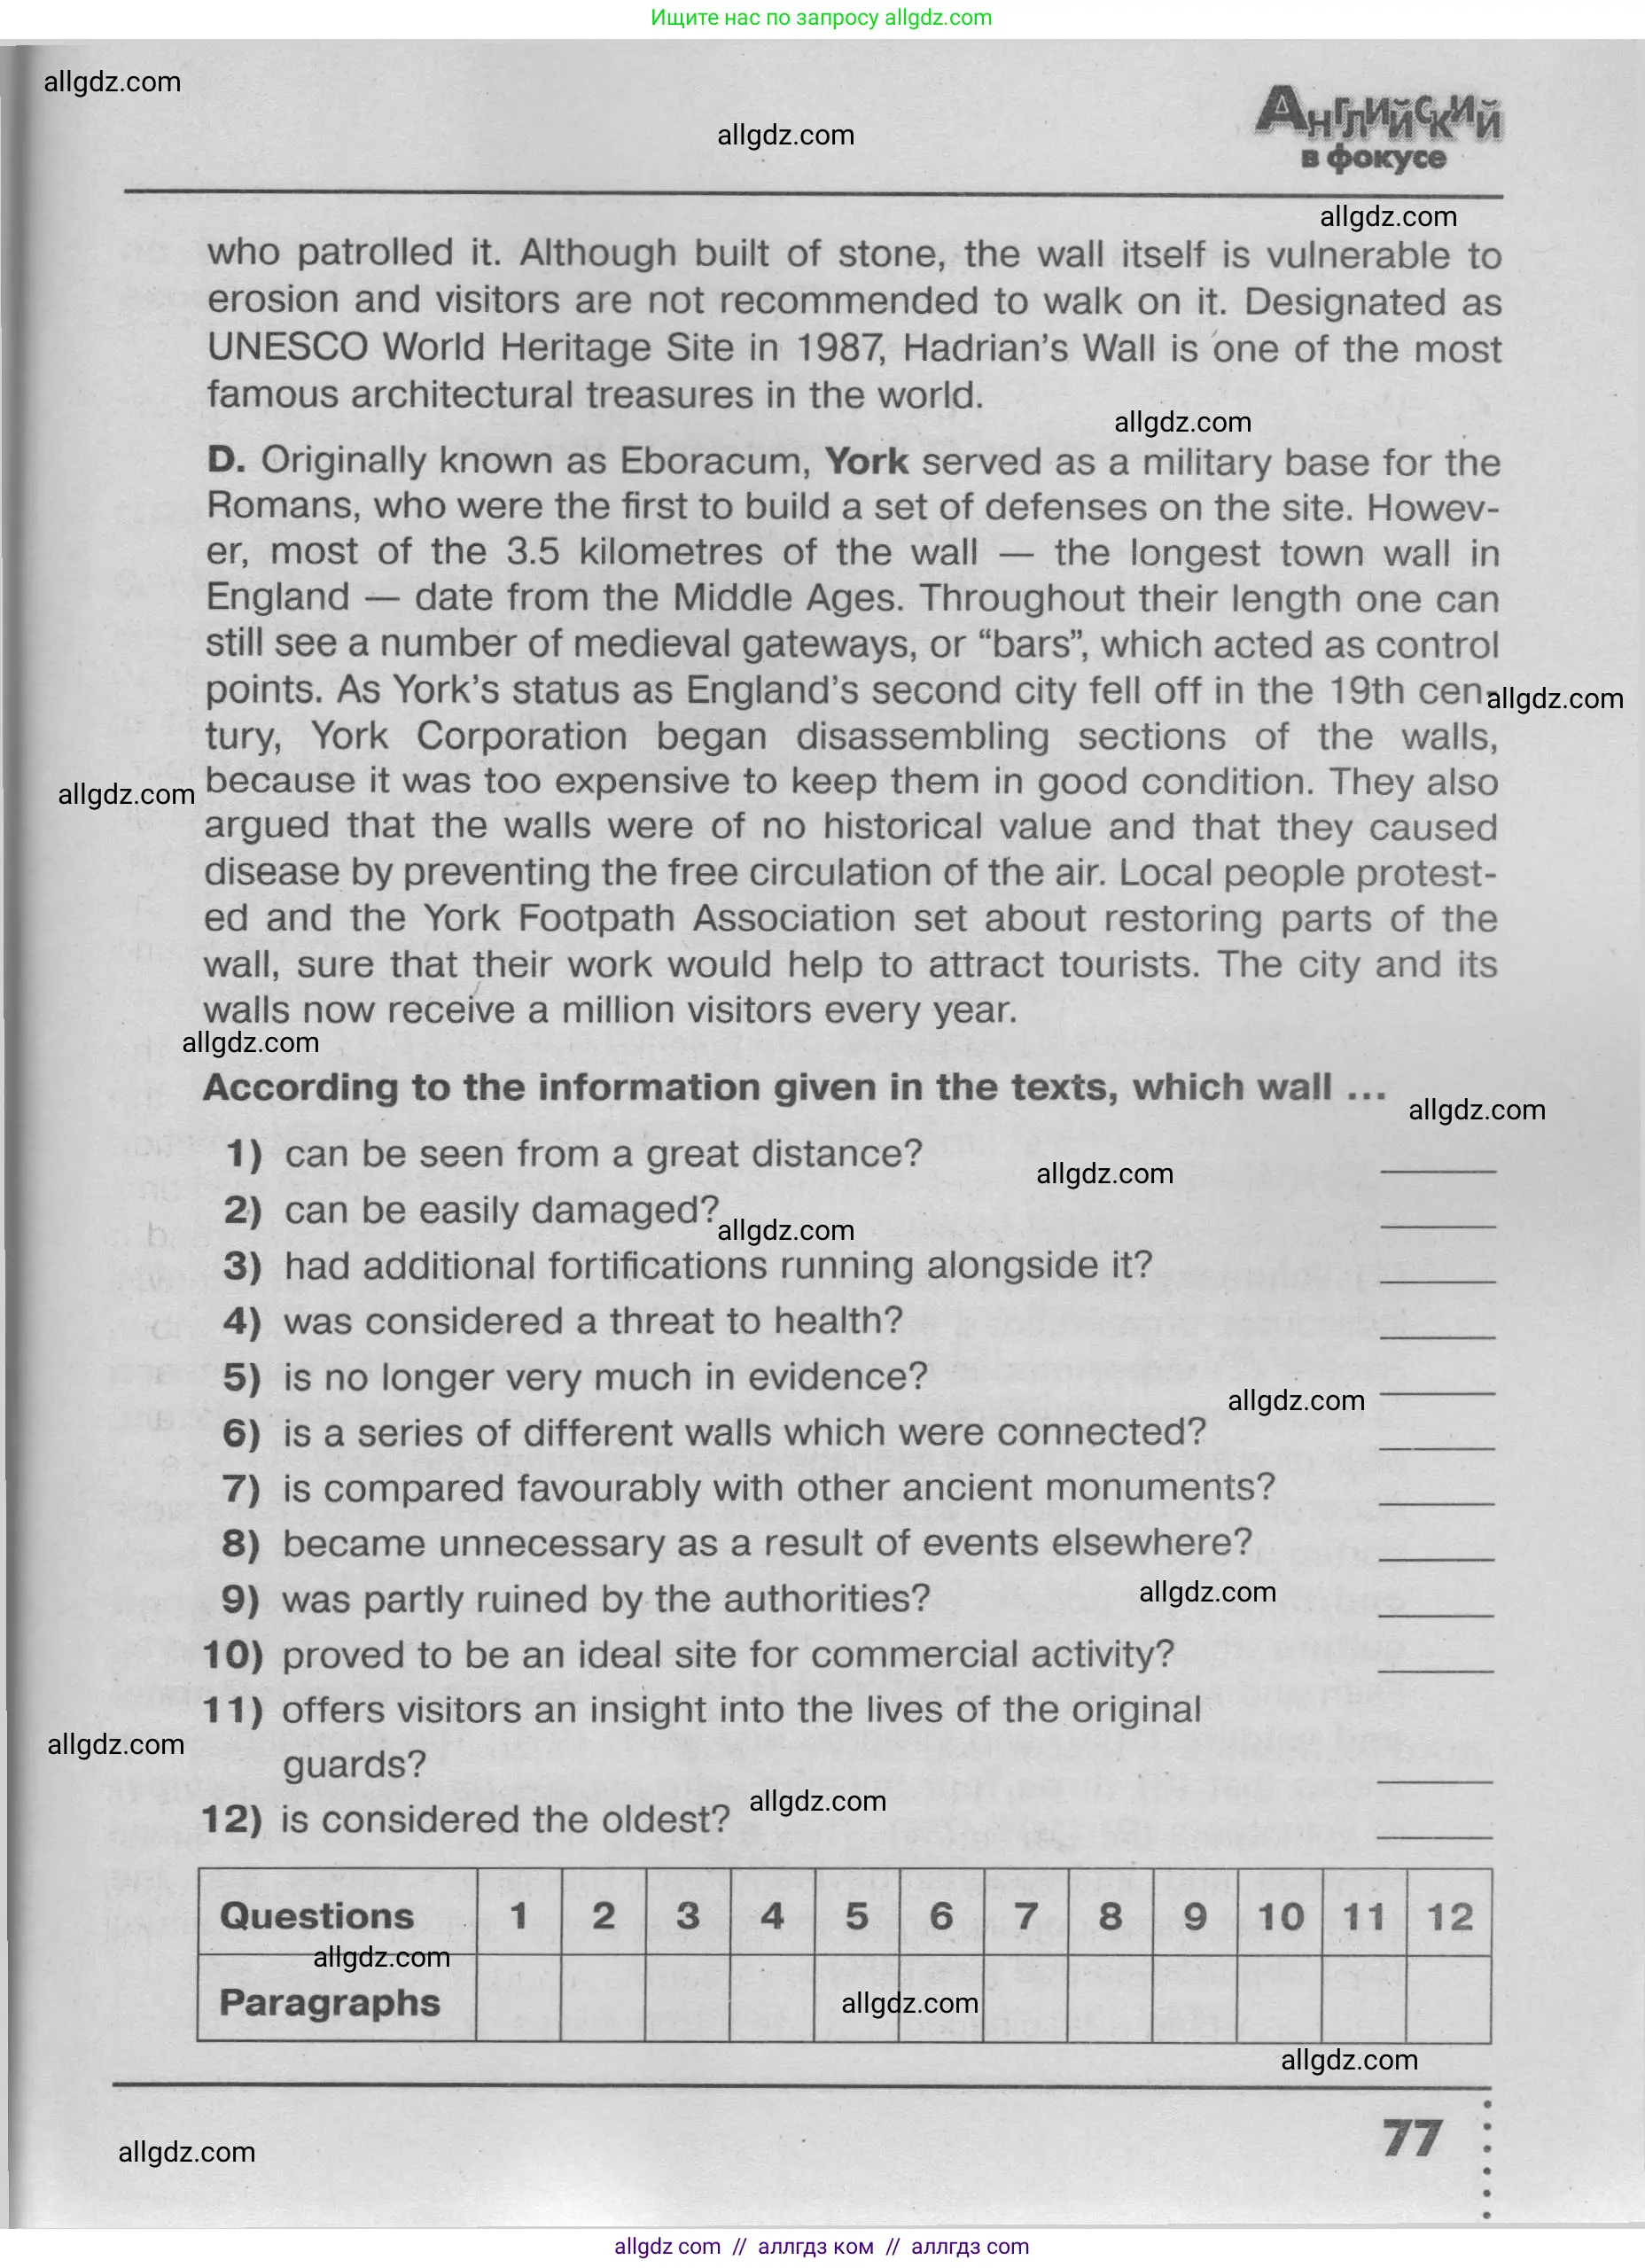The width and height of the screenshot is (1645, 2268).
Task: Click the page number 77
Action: [1412, 2138]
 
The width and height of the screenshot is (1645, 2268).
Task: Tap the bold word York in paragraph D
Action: [866, 462]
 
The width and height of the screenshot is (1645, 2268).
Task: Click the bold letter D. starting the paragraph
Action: [226, 460]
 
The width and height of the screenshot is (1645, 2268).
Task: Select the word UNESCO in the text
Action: [288, 348]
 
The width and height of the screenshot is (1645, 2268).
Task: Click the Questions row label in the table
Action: [316, 1915]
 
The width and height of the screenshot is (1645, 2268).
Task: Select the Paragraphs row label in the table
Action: [329, 2002]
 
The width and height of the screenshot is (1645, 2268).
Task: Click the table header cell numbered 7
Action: [1026, 1915]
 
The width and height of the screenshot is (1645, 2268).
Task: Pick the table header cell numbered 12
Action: [1449, 1916]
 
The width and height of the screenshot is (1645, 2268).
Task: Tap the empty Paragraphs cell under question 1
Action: [518, 2000]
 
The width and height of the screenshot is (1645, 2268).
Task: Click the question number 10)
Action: [233, 1654]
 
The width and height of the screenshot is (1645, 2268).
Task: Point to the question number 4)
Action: [242, 1321]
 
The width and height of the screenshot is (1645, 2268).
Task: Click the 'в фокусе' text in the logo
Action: [1373, 158]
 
